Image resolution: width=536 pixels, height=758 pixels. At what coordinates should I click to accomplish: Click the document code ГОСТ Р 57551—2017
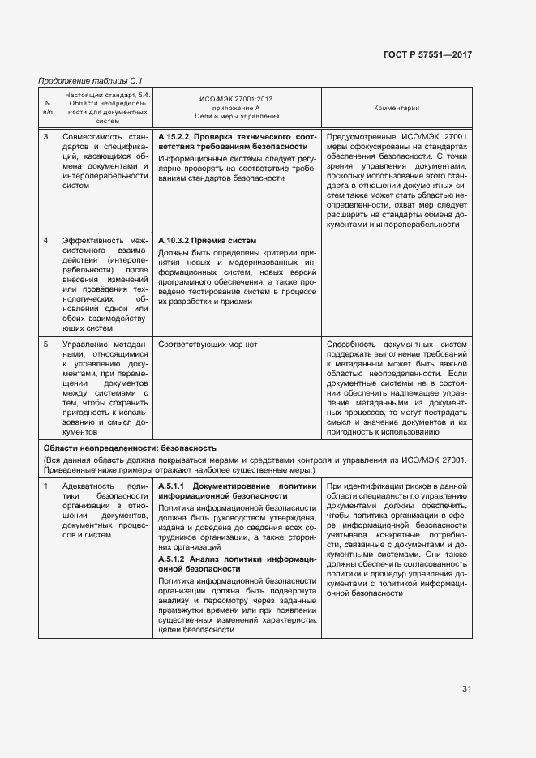click(x=427, y=54)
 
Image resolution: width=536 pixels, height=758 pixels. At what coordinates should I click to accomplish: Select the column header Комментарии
click(x=396, y=108)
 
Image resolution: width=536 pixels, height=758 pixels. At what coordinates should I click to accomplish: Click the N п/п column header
click(x=47, y=108)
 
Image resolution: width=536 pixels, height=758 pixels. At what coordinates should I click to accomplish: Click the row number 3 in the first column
click(x=45, y=137)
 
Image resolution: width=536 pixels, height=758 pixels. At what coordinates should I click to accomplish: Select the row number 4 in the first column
click(x=45, y=241)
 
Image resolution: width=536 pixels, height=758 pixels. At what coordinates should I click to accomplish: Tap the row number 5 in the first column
click(x=45, y=345)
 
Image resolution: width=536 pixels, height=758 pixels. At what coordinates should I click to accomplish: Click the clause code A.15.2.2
click(x=174, y=137)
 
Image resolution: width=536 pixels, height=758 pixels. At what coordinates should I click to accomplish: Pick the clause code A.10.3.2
click(x=174, y=241)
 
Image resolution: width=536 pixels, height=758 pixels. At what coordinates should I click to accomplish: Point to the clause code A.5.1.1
click(x=171, y=485)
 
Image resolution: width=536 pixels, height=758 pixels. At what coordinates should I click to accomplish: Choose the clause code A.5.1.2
click(x=171, y=559)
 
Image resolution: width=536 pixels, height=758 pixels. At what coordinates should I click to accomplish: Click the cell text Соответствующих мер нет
click(x=208, y=345)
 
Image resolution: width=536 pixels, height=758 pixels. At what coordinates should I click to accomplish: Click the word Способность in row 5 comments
click(x=354, y=345)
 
